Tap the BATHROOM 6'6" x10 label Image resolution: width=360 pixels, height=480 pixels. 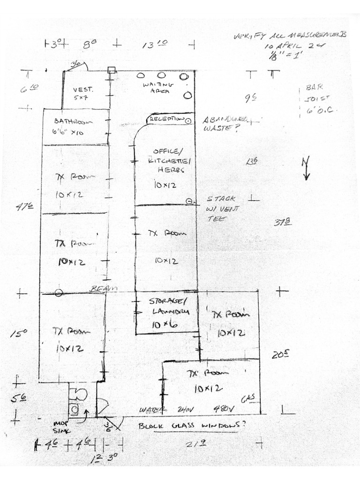point(73,126)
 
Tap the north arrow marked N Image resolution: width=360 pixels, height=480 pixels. point(306,167)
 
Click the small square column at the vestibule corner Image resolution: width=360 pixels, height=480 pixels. point(111,70)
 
